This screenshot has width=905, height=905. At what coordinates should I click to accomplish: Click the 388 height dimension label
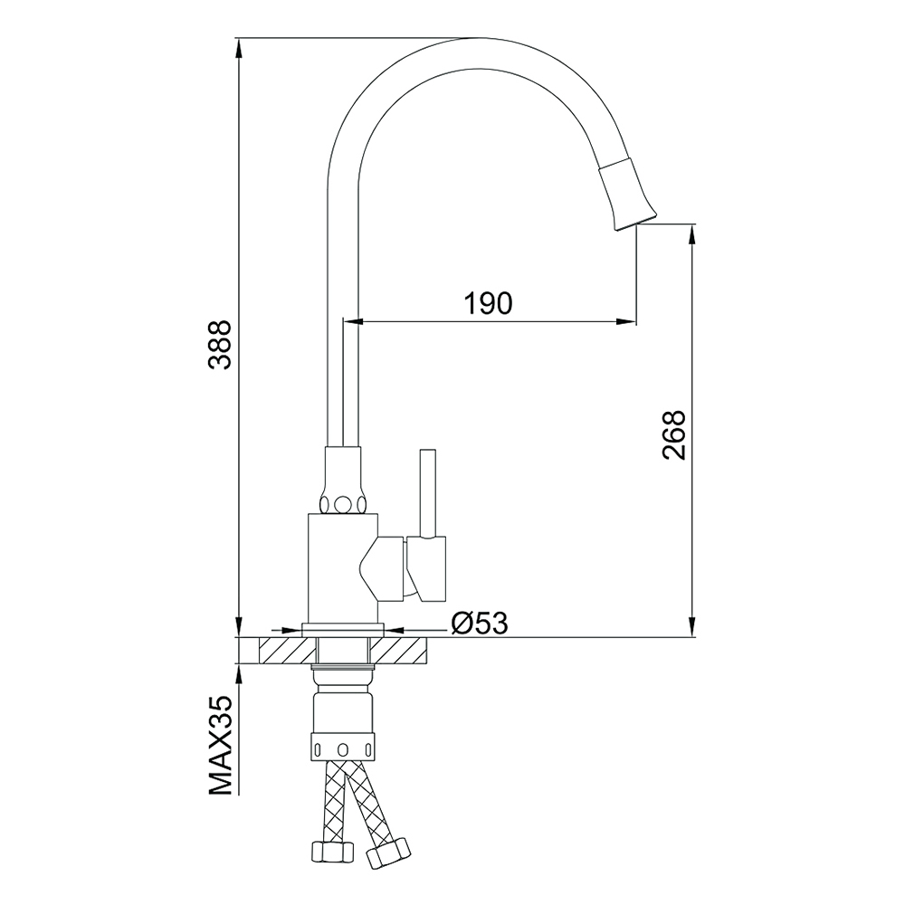[220, 345]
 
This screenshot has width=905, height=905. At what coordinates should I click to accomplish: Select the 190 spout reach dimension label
[489, 303]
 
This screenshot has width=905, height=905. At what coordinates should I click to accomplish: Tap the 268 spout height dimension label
[673, 435]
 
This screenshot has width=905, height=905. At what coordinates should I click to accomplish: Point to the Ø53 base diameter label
[480, 623]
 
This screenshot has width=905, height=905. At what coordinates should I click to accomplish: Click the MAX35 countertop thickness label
[220, 747]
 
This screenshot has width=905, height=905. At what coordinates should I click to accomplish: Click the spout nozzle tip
[635, 222]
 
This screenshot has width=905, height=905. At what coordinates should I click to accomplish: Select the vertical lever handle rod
[427, 493]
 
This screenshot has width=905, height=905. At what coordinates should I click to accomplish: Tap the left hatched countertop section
[289, 651]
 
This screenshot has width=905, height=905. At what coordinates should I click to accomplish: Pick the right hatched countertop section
[398, 651]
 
